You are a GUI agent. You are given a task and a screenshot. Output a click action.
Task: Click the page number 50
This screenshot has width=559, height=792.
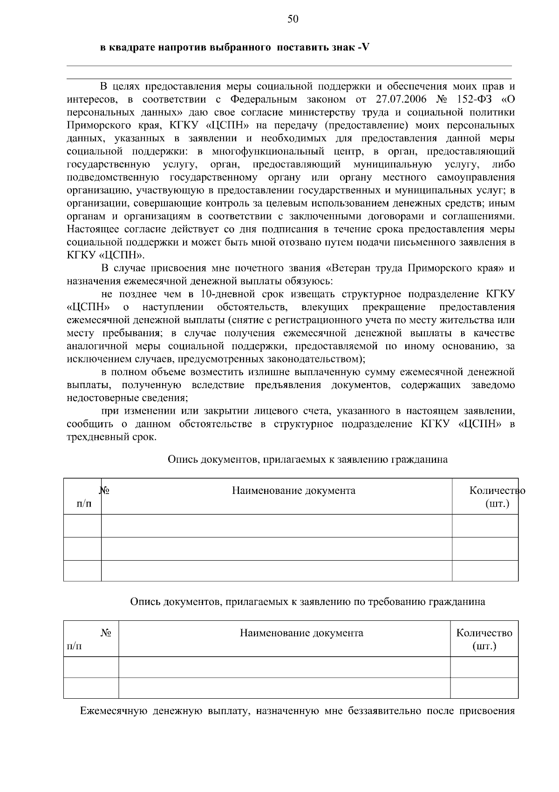click(293, 19)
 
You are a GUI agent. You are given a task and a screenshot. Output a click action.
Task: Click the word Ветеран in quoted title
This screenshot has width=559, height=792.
click(350, 268)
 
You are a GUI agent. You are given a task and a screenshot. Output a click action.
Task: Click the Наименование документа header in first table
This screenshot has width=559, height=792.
click(293, 491)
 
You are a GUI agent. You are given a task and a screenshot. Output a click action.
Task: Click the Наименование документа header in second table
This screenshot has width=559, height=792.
click(301, 633)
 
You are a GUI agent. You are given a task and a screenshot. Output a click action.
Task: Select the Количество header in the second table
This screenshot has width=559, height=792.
click(484, 633)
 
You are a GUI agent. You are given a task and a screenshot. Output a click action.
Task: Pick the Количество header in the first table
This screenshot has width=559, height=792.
click(497, 491)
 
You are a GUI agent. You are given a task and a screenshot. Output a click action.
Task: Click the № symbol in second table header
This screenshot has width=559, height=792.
click(106, 633)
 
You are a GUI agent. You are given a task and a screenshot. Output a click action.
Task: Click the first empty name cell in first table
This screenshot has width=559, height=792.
click(277, 526)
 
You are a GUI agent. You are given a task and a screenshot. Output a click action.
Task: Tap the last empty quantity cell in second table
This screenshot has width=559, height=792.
click(484, 688)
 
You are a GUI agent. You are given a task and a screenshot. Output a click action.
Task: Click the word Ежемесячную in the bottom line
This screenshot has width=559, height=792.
click(114, 711)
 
